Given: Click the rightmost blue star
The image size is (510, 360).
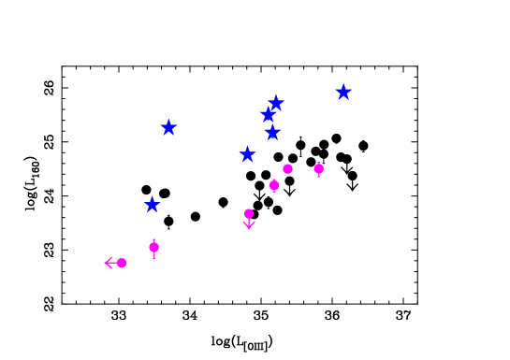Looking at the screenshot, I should click(x=343, y=92).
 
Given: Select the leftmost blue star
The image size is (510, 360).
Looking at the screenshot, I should click(x=152, y=205).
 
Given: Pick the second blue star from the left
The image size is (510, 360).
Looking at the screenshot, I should click(x=168, y=127).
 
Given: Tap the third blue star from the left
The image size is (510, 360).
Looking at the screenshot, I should click(x=247, y=154).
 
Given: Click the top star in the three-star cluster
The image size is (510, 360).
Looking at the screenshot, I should click(x=276, y=103).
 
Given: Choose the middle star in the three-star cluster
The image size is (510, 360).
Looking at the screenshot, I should click(x=268, y=115).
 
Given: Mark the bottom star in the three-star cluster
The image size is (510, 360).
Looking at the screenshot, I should click(x=272, y=132).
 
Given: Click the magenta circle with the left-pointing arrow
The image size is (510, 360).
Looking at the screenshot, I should click(x=122, y=263).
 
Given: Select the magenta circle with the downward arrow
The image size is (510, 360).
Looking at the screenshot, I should click(x=249, y=213).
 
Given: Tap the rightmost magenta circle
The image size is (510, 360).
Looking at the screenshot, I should click(x=319, y=168).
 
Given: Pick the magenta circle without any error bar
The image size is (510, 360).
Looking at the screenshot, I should click(x=287, y=168).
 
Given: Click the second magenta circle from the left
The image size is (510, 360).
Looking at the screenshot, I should click(x=153, y=247).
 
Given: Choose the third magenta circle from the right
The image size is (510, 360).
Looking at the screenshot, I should click(x=274, y=185).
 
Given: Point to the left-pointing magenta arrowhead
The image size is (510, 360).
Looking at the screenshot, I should click(x=108, y=263).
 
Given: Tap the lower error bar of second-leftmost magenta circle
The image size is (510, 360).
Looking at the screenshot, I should click(x=153, y=255).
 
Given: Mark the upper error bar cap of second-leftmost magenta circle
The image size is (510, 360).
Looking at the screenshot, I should click(x=153, y=239).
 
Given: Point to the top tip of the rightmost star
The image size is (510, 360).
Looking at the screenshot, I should click(x=343, y=83).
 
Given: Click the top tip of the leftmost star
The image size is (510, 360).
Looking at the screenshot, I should click(x=152, y=196).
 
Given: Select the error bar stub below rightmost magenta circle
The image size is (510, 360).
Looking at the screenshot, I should click(x=319, y=176).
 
